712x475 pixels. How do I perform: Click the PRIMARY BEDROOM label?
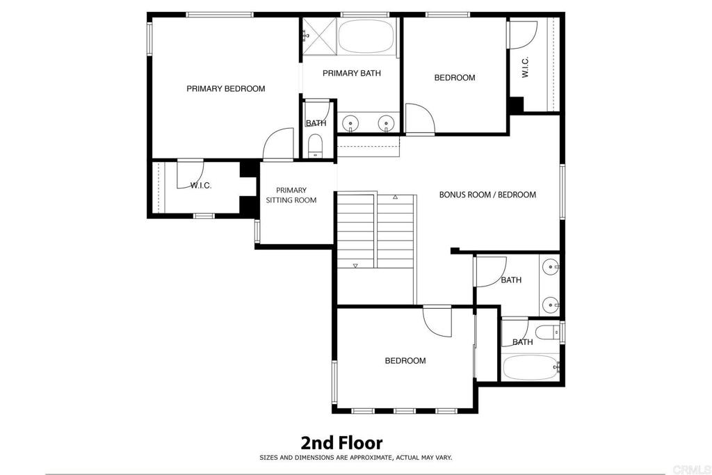225,88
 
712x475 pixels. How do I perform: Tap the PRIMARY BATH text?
351,73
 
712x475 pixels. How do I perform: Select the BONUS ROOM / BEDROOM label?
487,195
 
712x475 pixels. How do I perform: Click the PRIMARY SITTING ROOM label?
291,195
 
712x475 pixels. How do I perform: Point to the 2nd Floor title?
341,442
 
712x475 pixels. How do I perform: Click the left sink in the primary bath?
351,124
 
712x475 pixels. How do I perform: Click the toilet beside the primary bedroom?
316,146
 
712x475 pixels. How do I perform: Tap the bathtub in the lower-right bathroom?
530,367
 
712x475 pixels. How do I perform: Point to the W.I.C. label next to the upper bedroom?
525,66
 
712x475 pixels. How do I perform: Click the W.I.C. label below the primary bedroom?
201,185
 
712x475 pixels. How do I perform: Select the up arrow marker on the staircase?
395,198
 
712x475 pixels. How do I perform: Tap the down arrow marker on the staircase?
355,265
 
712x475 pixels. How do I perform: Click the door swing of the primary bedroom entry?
278,143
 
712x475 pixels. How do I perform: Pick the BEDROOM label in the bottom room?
405,360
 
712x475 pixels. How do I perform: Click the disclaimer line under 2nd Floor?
355,458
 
